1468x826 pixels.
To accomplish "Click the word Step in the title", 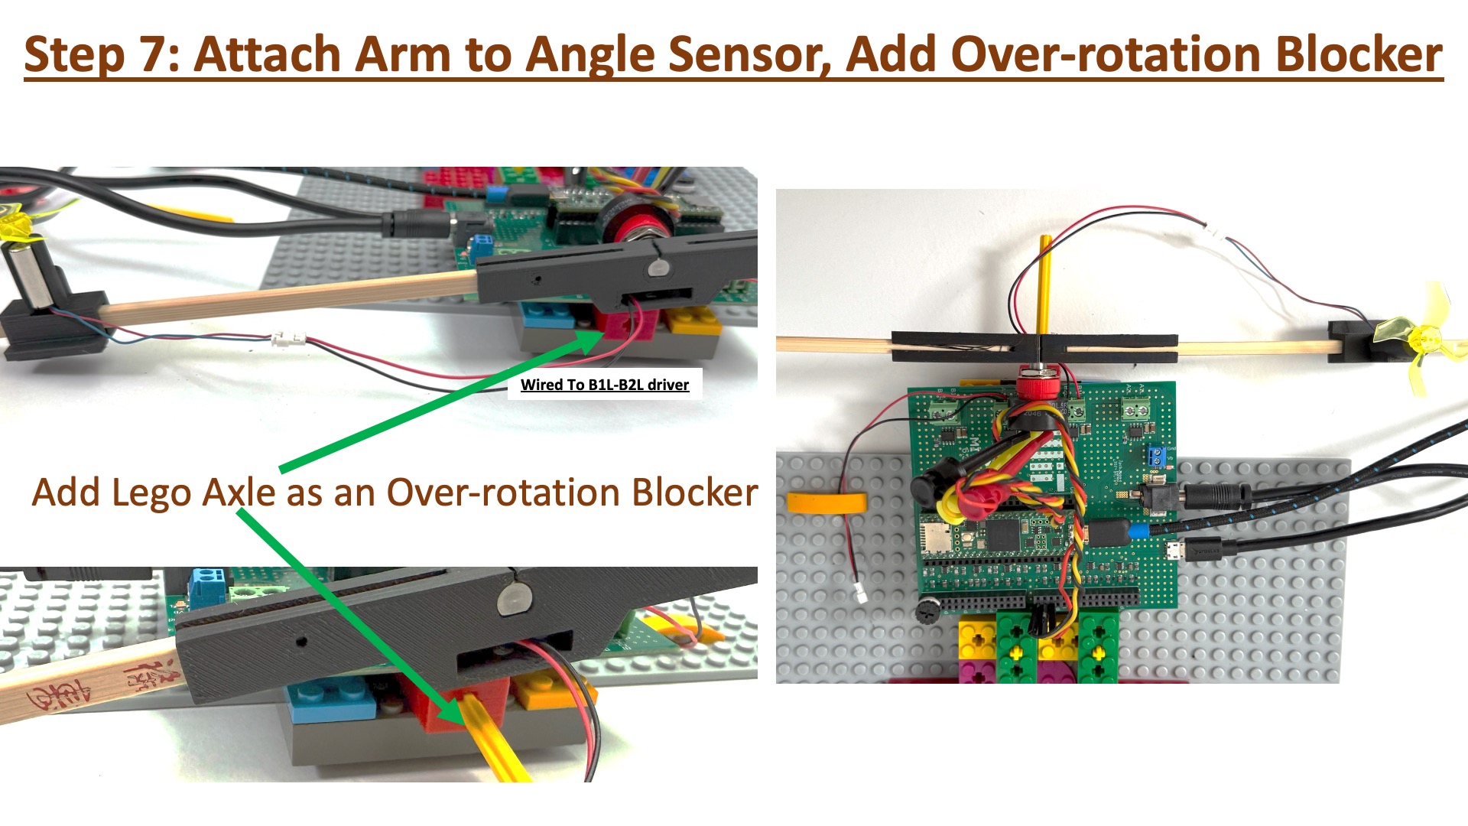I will (x=74, y=55).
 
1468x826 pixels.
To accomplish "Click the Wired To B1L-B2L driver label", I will (x=605, y=385).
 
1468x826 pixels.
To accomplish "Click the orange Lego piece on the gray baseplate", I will (x=827, y=503).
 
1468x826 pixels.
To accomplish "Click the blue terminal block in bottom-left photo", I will (x=206, y=584).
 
